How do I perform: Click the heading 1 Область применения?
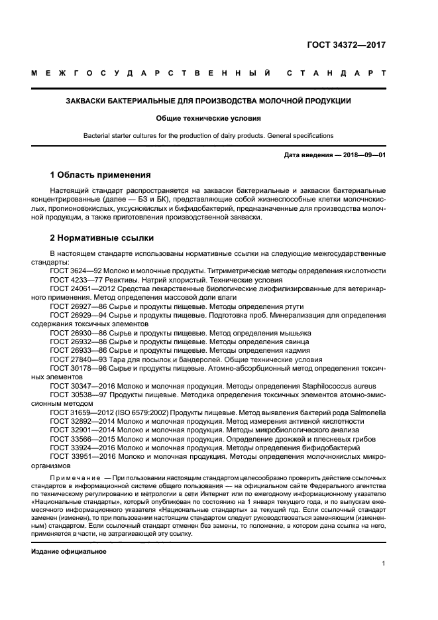(x=101, y=175)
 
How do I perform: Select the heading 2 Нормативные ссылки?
(x=103, y=238)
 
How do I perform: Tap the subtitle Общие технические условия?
(x=208, y=119)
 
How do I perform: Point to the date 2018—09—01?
(x=363, y=155)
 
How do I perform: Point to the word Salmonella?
(x=367, y=412)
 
